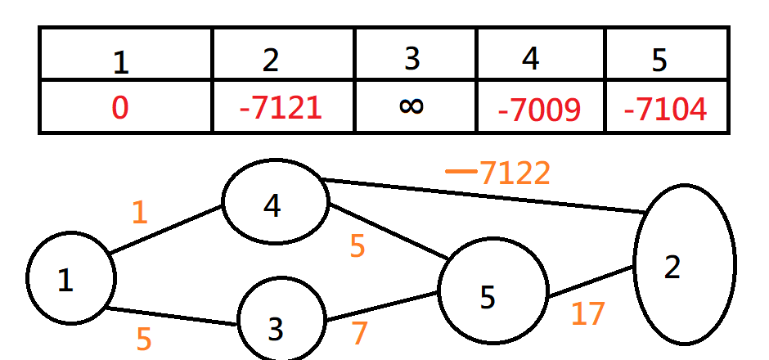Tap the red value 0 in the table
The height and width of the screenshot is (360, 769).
pos(119,108)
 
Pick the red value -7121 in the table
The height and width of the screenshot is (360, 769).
pos(281,108)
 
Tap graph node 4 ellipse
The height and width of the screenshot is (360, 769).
pos(275,202)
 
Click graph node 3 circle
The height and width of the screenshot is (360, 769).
pos(280,321)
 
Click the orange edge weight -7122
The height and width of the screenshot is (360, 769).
pos(499,173)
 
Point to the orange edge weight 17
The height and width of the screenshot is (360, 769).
pos(587,313)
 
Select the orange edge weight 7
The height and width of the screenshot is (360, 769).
pos(360,333)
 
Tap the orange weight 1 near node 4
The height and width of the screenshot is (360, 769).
pos(140,213)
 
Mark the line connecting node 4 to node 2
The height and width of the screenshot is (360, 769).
pos(483,196)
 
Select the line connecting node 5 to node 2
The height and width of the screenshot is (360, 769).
pos(590,282)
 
